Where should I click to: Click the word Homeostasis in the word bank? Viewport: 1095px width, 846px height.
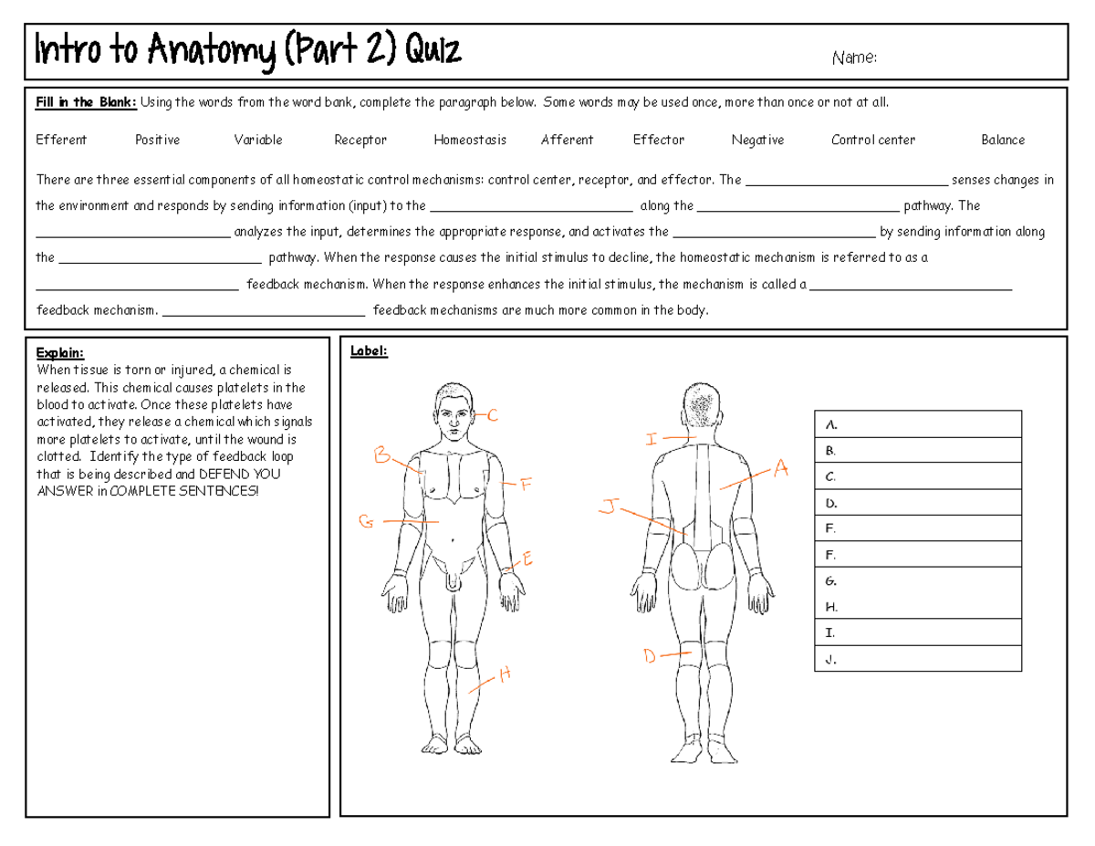click(x=470, y=140)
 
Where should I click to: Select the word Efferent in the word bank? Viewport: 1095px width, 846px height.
click(x=61, y=140)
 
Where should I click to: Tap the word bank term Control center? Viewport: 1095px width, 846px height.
click(x=872, y=140)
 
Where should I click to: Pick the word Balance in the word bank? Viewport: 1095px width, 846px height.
click(x=1003, y=140)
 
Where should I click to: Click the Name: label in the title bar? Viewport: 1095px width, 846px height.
click(x=854, y=58)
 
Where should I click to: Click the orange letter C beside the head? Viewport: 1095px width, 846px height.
click(x=492, y=416)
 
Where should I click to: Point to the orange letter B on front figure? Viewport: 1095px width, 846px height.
click(x=381, y=455)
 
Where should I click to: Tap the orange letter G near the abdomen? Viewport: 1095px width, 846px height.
click(x=366, y=522)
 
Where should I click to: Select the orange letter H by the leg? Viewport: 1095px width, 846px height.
click(x=505, y=675)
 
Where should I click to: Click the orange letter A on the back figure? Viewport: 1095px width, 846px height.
click(x=780, y=469)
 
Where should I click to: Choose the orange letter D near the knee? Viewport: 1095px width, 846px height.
click(x=650, y=656)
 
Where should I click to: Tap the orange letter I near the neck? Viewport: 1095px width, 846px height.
click(x=652, y=440)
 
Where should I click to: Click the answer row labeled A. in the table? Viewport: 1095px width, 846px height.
click(x=917, y=424)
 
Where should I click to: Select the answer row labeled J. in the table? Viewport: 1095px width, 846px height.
click(x=917, y=658)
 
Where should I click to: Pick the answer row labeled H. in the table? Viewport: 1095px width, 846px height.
click(x=917, y=606)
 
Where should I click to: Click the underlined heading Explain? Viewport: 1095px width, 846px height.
click(x=59, y=352)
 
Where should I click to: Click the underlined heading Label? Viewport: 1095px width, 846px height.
click(x=370, y=351)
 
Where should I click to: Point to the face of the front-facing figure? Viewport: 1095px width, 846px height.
click(x=454, y=415)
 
